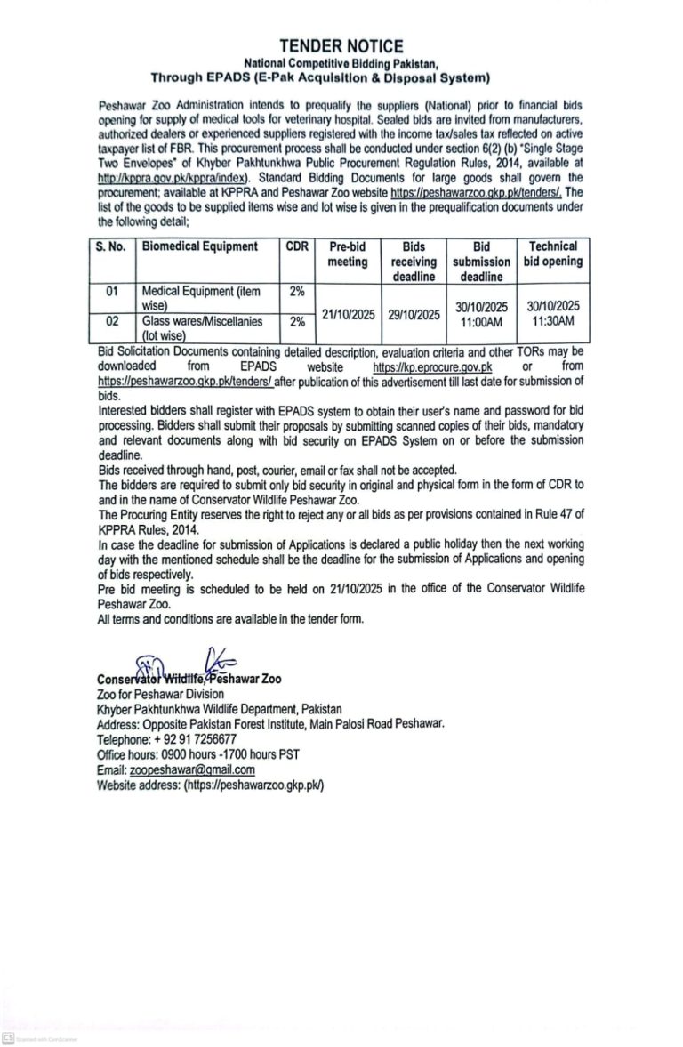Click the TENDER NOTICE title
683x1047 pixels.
341,45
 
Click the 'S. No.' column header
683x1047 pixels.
111,246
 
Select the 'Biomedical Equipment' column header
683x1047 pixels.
200,246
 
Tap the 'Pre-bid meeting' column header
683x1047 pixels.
347,254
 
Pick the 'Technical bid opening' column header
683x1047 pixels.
552,254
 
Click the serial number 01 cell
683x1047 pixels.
111,290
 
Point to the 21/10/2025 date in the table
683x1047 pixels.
347,314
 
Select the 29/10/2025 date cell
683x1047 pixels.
414,314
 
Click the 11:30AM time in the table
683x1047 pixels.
552,321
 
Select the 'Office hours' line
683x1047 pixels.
198,754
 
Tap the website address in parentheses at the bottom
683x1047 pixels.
253,785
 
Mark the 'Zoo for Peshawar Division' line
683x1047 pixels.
161,694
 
